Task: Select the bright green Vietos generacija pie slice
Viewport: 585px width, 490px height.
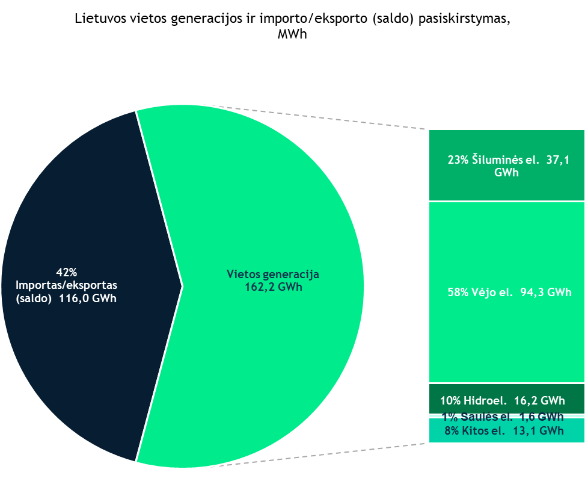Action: (271, 361)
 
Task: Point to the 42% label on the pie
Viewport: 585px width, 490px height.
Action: (67, 271)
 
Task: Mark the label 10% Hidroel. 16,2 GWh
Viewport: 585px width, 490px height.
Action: (503, 400)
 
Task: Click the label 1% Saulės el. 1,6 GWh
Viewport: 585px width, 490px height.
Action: (503, 416)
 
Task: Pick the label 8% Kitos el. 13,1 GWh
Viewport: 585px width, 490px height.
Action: (504, 430)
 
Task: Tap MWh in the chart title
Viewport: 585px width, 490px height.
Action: (292, 34)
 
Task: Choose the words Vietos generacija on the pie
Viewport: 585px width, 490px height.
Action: (272, 274)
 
